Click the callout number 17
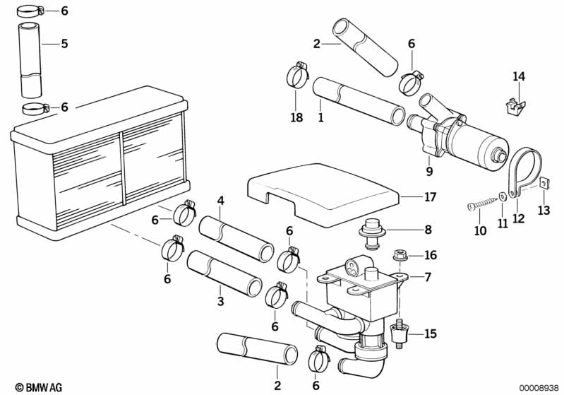(x=430, y=197)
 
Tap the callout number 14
(x=519, y=76)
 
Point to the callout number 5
(x=64, y=44)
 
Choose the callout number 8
(x=428, y=230)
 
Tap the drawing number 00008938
(x=539, y=387)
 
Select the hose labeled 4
(x=236, y=239)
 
